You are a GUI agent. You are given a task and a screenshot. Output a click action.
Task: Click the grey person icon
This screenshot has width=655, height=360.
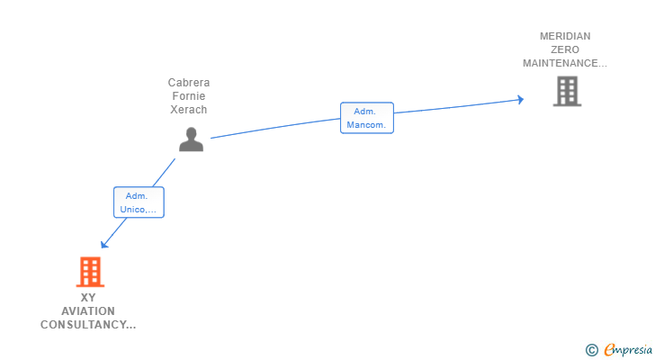pos(191,139)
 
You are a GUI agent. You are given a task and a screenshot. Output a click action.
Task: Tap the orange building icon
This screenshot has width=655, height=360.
pos(89,271)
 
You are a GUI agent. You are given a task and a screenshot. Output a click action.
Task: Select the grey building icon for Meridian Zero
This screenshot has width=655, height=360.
pos(566,91)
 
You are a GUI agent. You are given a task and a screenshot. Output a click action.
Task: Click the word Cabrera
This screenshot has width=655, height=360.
pos(189,83)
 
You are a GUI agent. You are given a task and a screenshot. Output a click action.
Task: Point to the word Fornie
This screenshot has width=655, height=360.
pos(189,96)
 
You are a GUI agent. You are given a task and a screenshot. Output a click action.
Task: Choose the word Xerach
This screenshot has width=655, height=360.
pos(189,110)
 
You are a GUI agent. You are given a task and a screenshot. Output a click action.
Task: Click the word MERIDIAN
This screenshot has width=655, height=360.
pos(565,36)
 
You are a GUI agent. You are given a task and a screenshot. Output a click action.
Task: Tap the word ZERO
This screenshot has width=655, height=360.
pos(565,49)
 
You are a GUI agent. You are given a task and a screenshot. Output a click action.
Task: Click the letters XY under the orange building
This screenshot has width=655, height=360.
pos(88,298)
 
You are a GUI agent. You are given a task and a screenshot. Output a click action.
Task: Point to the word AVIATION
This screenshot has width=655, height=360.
pos(88,311)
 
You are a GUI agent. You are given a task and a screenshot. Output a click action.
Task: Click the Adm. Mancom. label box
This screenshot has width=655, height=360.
pos(367,118)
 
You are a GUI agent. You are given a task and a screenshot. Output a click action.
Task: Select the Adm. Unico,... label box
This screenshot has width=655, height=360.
pos(139,202)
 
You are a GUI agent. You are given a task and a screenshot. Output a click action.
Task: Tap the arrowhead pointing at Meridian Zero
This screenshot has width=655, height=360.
pos(520,99)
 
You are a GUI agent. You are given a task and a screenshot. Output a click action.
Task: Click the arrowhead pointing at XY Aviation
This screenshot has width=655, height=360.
pos(104,244)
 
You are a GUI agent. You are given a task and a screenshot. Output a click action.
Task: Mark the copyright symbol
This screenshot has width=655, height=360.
pos(591,349)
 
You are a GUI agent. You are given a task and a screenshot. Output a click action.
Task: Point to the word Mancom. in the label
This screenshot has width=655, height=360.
pos(367,125)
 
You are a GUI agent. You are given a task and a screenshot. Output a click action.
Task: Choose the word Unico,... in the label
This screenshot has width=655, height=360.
pos(139,210)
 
